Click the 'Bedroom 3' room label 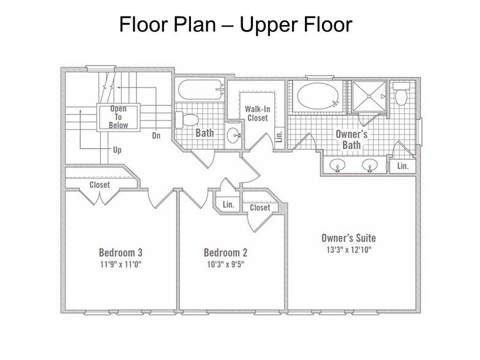121,252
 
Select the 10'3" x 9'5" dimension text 225,264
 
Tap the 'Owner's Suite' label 349,238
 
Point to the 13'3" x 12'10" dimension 349,250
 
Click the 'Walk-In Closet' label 257,113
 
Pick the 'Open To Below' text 119,117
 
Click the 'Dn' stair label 156,135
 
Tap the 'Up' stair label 118,150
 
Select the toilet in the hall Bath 187,120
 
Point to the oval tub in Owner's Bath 318,96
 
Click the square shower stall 369,96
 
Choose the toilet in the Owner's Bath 401,94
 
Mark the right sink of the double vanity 370,165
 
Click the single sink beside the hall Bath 234,135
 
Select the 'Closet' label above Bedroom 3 99,185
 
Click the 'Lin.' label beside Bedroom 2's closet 228,204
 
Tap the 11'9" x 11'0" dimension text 121,264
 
